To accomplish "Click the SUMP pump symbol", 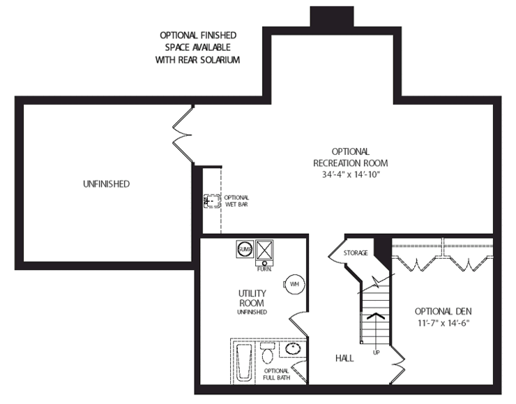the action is click(245, 249).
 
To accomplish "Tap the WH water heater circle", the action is click(294, 284).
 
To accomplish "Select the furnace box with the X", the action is click(264, 250).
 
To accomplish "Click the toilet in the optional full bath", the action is click(267, 353).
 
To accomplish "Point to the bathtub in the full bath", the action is click(244, 362).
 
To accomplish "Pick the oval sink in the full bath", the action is click(293, 349).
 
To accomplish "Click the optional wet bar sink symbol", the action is click(212, 201).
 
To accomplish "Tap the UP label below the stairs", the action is click(376, 352).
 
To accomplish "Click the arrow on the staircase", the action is click(375, 315).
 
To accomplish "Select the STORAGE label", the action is click(356, 253).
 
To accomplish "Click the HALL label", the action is click(344, 358).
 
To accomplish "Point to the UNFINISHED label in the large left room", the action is click(106, 184).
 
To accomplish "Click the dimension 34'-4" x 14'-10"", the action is click(351, 174).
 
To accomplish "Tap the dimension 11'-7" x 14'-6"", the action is click(443, 323).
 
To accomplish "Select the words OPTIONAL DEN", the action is click(443, 311).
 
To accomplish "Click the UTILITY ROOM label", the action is click(252, 298).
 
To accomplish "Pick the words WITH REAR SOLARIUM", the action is click(197, 60).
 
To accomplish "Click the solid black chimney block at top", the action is click(332, 17).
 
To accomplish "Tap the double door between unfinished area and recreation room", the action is click(183, 135).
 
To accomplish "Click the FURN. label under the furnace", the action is click(264, 269).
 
